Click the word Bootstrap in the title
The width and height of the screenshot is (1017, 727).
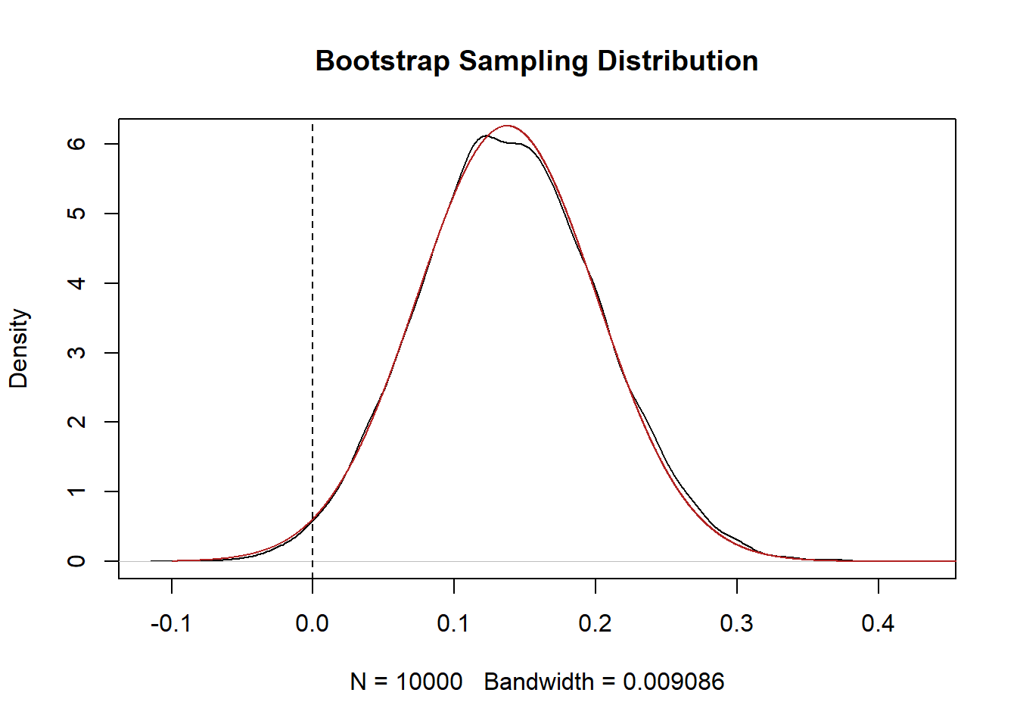pos(382,61)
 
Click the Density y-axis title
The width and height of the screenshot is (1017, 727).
pos(18,348)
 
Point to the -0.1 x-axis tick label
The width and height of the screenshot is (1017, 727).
pos(171,623)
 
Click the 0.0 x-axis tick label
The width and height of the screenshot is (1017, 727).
pos(312,623)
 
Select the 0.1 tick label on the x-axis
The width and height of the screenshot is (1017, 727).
pos(454,623)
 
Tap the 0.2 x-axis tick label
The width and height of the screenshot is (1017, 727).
pos(596,623)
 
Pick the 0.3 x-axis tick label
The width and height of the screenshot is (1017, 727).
pos(737,623)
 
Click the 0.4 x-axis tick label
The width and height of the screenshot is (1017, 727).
pos(878,623)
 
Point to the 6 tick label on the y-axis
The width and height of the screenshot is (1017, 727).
pos(76,144)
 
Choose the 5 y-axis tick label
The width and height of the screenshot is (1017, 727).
pos(76,214)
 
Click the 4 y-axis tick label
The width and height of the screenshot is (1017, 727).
pos(76,283)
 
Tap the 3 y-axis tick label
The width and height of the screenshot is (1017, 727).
pos(76,353)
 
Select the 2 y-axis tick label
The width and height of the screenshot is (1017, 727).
pos(76,422)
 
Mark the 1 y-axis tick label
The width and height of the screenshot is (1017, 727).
pos(76,491)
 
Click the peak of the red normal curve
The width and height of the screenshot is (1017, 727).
pos(507,126)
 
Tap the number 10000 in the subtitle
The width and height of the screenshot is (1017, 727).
pos(429,682)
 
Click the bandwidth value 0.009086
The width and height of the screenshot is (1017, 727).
pos(673,682)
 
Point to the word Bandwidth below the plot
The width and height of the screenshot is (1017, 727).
pos(539,682)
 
